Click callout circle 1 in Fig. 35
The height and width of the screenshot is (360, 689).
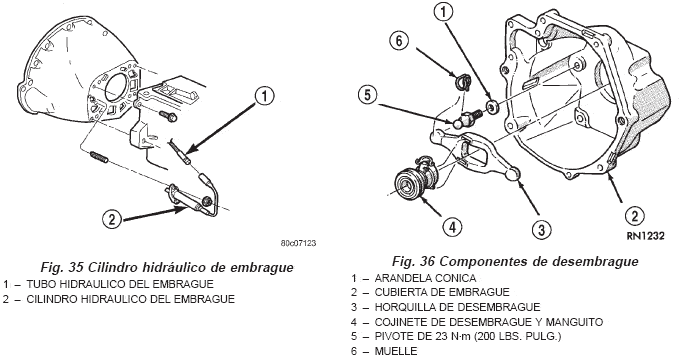[264, 96]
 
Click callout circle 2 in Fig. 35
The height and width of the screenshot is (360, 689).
[112, 218]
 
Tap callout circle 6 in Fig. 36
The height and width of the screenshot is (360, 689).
[399, 40]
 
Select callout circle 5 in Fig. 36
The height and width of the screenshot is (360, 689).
[368, 94]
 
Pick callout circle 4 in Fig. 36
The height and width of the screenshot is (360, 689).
[452, 227]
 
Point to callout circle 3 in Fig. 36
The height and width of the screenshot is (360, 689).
[541, 229]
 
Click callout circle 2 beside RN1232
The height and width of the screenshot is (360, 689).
[635, 216]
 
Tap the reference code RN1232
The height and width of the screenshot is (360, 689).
[645, 236]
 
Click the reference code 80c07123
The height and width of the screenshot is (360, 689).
[299, 243]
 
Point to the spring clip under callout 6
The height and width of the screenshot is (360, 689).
[461, 82]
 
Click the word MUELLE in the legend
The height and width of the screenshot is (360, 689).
[396, 351]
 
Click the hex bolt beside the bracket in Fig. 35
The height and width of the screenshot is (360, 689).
[168, 116]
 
